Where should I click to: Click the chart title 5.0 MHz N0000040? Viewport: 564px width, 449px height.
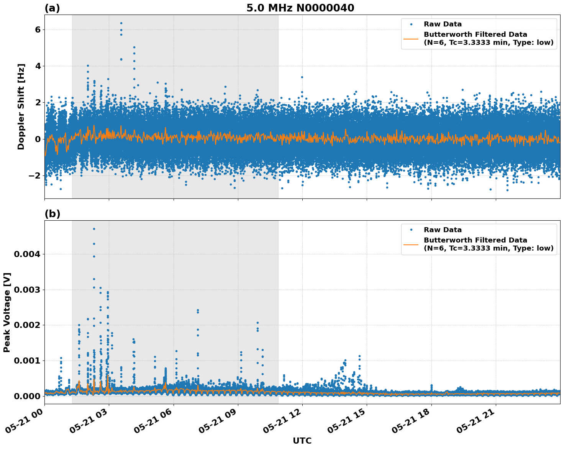coord(300,8)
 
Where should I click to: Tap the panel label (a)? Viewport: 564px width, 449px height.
coord(52,8)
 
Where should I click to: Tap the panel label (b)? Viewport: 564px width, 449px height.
coord(52,214)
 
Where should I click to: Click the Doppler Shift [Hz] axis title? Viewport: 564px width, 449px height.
coord(21,107)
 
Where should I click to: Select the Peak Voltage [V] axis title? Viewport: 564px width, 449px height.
coord(7,312)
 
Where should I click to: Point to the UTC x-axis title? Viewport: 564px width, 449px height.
coord(302,441)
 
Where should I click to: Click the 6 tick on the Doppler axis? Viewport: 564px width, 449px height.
coord(38,30)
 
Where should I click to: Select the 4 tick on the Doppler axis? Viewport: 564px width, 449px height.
coord(38,66)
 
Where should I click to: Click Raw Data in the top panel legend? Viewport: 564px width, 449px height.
coord(443,24)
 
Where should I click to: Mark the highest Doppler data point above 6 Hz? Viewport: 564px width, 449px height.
coord(121,23)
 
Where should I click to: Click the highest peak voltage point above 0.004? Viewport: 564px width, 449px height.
coord(94,229)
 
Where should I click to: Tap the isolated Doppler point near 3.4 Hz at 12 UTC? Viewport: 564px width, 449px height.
coord(302,77)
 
